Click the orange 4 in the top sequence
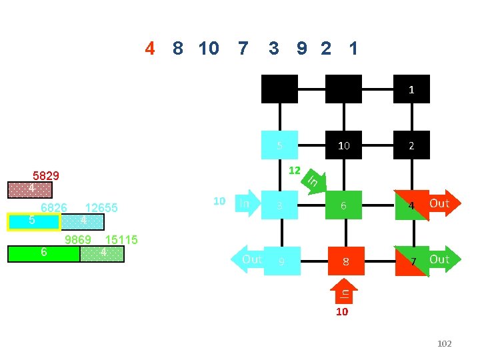tap(150, 49)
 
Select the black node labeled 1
tap(411, 89)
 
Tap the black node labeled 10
tap(343, 145)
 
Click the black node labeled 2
tap(411, 145)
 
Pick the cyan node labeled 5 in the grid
tap(280, 145)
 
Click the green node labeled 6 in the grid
tap(343, 205)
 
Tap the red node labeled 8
tap(345, 261)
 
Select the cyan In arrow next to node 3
tap(247, 203)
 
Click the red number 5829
tap(46, 177)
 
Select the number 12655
tap(101, 208)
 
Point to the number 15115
tap(121, 240)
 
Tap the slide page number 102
tap(444, 343)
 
